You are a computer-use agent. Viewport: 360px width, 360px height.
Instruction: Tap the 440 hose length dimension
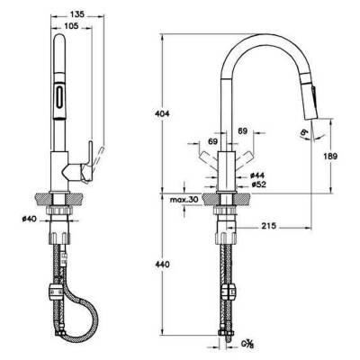163,266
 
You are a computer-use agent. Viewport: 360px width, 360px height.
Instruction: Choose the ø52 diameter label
256,184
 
